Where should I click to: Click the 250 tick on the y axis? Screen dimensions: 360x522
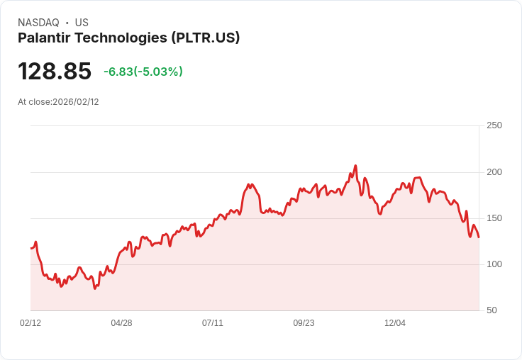494,125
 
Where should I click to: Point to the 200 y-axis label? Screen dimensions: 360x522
494,172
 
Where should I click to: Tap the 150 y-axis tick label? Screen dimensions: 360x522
494,218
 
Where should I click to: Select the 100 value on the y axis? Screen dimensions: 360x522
494,264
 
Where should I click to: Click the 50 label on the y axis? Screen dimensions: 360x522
492,310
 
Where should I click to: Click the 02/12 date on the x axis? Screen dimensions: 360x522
30,323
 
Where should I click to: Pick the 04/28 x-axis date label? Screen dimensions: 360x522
121,323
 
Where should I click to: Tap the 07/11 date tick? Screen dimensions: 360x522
213,323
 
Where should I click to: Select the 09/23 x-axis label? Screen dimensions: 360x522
304,323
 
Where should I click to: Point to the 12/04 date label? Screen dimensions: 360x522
395,323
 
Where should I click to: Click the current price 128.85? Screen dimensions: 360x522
55,72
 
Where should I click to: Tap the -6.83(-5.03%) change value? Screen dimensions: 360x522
143,72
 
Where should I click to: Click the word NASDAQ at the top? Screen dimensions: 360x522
38,23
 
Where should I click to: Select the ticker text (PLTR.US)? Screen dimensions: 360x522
205,38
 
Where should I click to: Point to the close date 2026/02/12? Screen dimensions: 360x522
76,102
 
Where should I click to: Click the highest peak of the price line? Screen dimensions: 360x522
355,166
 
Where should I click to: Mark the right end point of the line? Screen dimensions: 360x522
479,237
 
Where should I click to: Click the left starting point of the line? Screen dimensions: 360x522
30,248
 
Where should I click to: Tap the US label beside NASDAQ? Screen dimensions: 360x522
82,23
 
